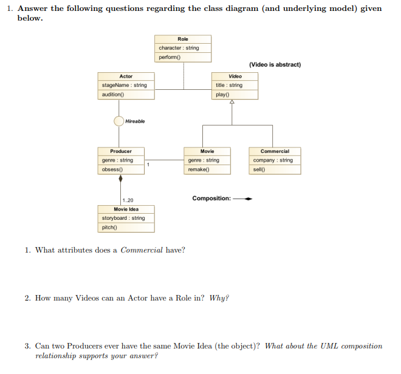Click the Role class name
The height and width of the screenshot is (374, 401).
[x=183, y=39]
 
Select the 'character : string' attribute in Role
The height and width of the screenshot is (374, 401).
[x=179, y=48]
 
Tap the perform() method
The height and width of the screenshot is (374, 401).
[x=170, y=57]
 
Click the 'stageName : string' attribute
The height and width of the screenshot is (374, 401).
[x=125, y=85]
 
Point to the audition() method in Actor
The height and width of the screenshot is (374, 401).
[x=113, y=95]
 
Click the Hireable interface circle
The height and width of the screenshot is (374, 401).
[x=119, y=121]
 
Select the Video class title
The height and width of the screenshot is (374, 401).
[x=235, y=76]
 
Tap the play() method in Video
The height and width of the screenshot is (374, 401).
[x=222, y=95]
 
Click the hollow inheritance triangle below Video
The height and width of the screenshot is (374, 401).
[x=231, y=103]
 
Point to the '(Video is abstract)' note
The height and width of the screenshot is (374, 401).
[x=275, y=64]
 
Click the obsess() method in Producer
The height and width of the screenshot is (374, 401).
[x=112, y=169]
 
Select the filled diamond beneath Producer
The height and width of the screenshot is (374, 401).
[x=120, y=178]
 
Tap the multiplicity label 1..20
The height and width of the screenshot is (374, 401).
[x=128, y=200]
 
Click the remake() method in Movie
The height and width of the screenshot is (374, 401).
[x=199, y=169]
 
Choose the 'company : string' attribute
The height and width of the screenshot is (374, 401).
[x=273, y=160]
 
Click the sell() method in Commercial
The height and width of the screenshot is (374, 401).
[x=259, y=169]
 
